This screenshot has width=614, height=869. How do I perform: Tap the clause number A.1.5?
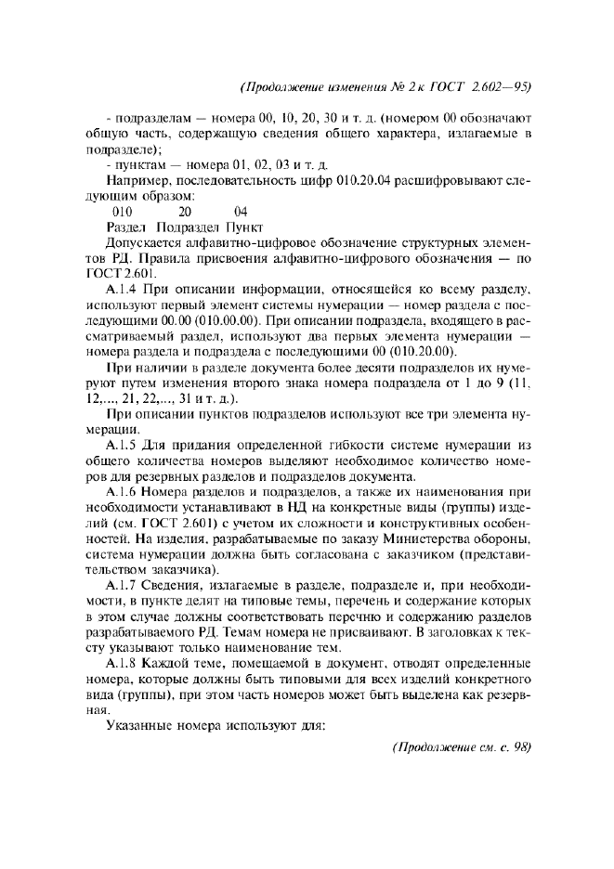[123, 447]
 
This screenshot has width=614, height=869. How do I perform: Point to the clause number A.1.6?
[123, 491]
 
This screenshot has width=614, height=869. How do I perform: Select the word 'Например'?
[137, 181]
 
